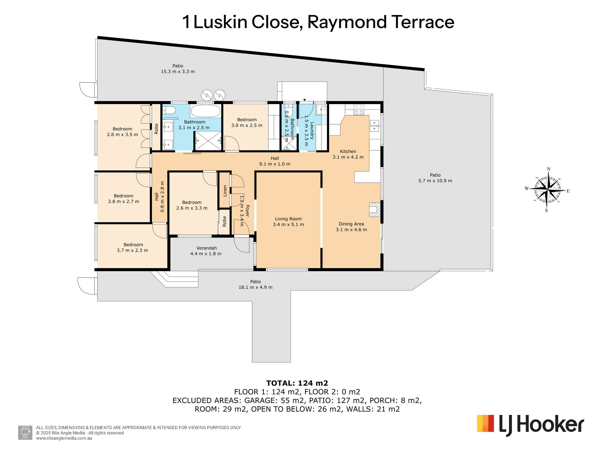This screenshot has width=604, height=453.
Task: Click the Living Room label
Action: pyautogui.click(x=288, y=219)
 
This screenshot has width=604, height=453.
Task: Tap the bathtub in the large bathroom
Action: pyautogui.click(x=205, y=111)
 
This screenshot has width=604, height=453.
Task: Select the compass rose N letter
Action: pyautogui.click(x=549, y=169)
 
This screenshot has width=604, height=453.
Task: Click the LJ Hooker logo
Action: pyautogui.click(x=530, y=425)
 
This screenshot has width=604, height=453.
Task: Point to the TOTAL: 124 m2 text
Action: pyautogui.click(x=297, y=383)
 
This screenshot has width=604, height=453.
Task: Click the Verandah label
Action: pyautogui.click(x=206, y=248)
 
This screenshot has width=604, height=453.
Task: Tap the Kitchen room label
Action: pyautogui.click(x=348, y=152)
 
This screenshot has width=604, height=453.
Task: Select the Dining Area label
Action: pyautogui.click(x=351, y=224)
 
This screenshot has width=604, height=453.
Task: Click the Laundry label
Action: pyautogui.click(x=312, y=131)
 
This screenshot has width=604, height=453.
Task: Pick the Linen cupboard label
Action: pyautogui.click(x=225, y=191)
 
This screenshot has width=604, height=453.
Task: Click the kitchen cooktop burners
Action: pyautogui.click(x=359, y=109)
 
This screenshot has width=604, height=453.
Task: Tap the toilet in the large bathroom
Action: pyautogui.click(x=169, y=110)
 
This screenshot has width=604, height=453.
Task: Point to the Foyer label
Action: pyautogui.click(x=247, y=211)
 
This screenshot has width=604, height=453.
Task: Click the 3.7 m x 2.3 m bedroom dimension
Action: pyautogui.click(x=132, y=250)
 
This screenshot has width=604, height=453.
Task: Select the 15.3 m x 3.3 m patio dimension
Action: pyautogui.click(x=178, y=72)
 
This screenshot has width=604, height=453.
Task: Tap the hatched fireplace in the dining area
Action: pyautogui.click(x=375, y=210)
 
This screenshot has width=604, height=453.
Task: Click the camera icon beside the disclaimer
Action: pyautogui.click(x=25, y=433)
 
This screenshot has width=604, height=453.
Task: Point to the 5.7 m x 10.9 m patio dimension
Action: pyautogui.click(x=435, y=181)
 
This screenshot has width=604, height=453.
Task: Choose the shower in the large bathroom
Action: pyautogui.click(x=208, y=141)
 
